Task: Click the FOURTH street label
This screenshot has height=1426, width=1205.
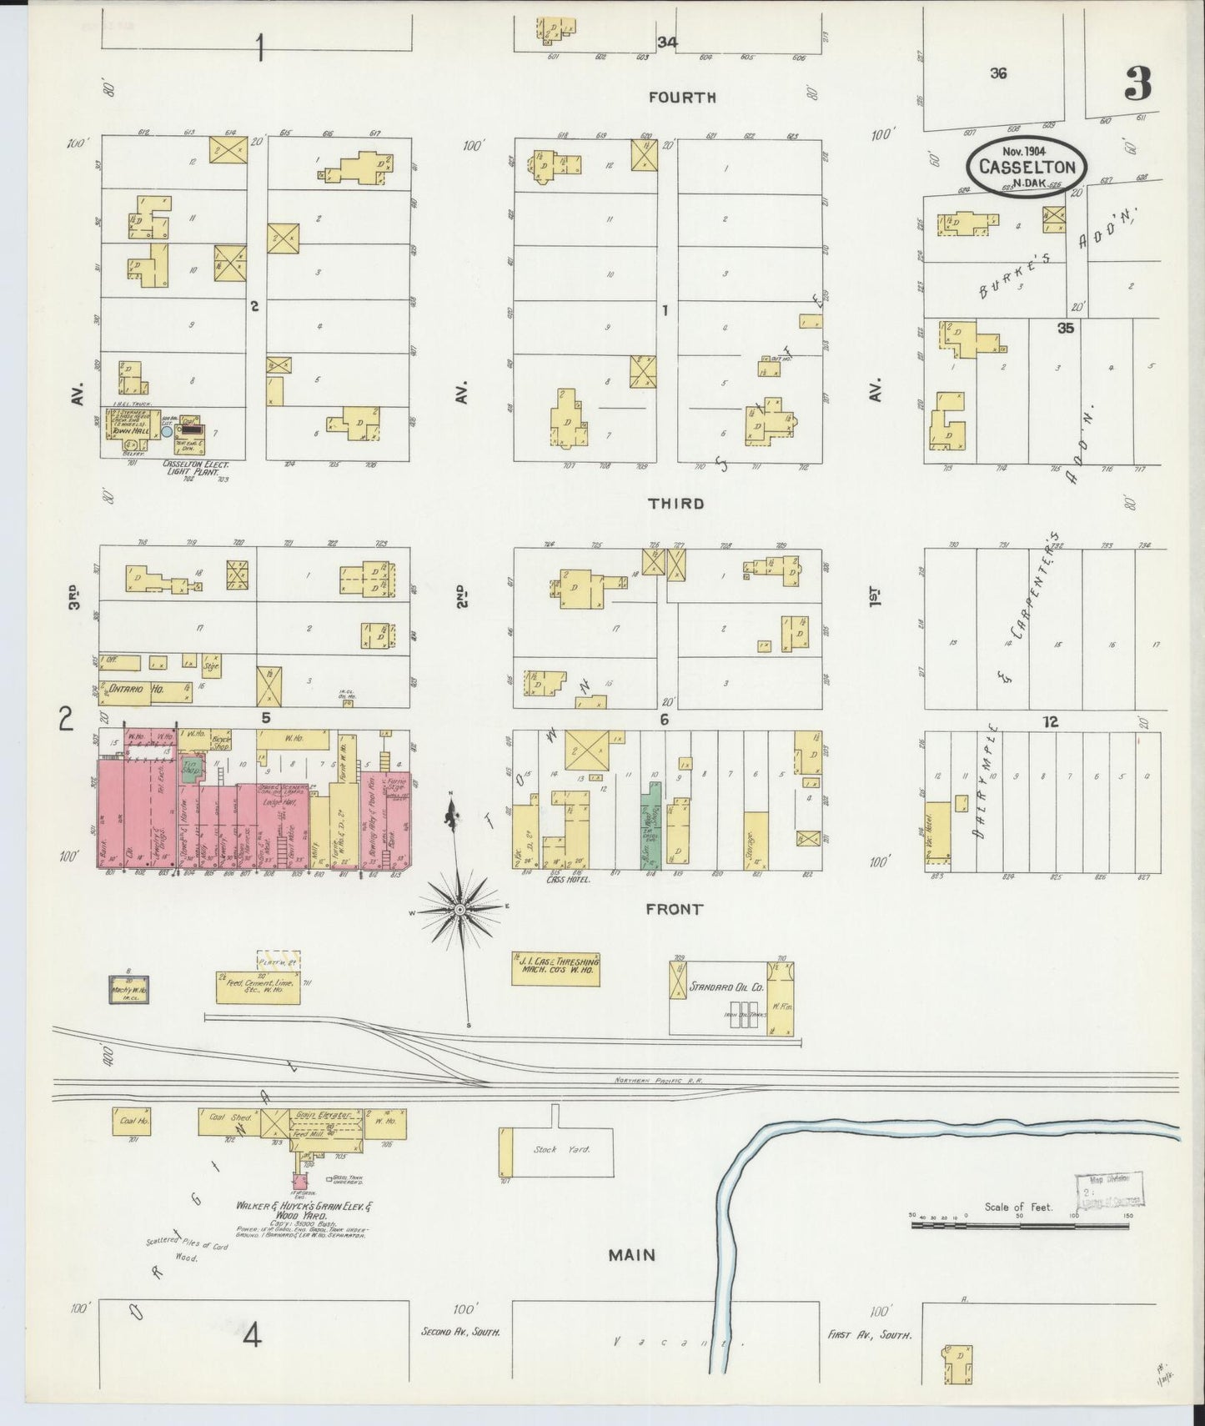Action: (682, 98)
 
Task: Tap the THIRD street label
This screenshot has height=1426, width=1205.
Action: (675, 504)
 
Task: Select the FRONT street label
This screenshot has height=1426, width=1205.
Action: (674, 910)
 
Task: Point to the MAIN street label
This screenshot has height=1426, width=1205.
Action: (631, 1254)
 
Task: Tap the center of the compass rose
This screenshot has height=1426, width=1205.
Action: (459, 909)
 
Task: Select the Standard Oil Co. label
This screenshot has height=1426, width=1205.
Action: (726, 987)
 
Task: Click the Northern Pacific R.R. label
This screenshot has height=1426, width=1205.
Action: (658, 1081)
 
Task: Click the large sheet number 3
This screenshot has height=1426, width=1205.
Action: (1137, 83)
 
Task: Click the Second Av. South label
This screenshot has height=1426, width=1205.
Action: (460, 1333)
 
